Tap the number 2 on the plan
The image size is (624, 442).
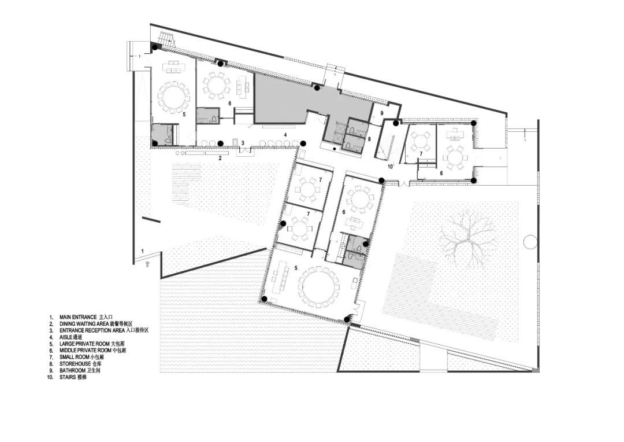pos(220,157)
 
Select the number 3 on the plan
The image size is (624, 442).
pos(243,142)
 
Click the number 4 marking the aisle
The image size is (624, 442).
pos(285,135)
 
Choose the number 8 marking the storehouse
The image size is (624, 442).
pos(369,139)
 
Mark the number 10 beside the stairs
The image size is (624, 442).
pos(391,166)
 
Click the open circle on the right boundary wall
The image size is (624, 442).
pos(529,241)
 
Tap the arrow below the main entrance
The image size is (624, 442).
pos(148,263)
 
